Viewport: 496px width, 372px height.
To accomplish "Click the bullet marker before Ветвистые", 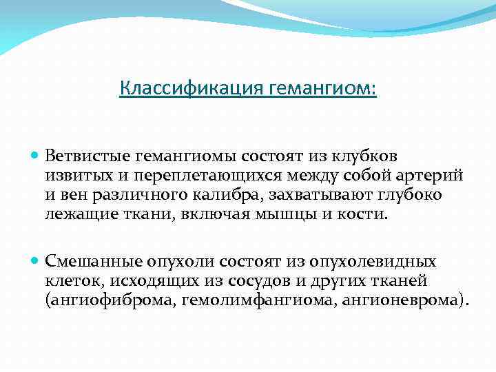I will click(x=37, y=158).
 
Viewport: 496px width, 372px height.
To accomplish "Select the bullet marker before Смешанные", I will click(x=37, y=261).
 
